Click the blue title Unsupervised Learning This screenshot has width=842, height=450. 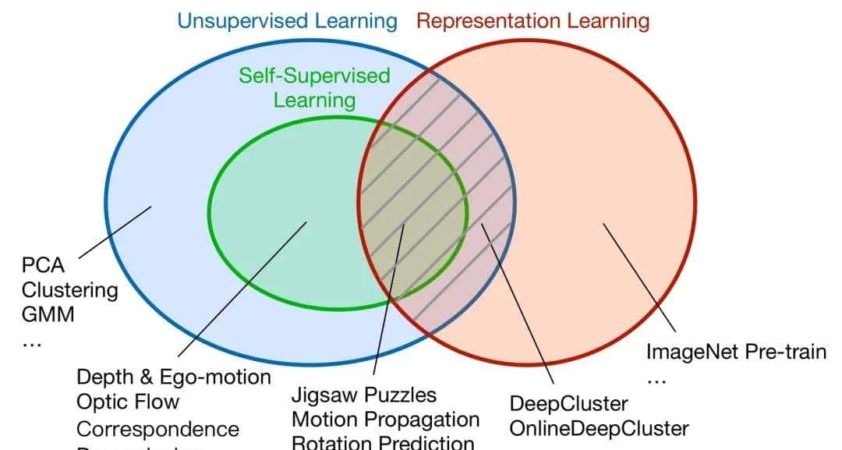tap(287, 20)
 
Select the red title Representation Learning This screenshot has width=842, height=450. tap(532, 20)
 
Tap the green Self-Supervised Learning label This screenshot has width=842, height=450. tap(314, 87)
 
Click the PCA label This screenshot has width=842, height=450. tap(42, 266)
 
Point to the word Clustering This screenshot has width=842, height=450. tap(69, 291)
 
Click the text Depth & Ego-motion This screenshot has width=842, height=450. tap(173, 377)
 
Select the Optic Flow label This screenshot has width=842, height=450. tap(128, 402)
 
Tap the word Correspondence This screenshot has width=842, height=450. tap(157, 429)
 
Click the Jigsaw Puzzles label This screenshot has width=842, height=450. tap(364, 395)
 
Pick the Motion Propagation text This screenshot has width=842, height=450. tap(385, 420)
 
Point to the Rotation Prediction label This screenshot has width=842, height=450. tap(382, 442)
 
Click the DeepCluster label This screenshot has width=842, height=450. tap(568, 404)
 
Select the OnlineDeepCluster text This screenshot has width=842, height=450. tap(599, 428)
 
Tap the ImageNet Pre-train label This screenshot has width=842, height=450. tap(736, 352)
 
